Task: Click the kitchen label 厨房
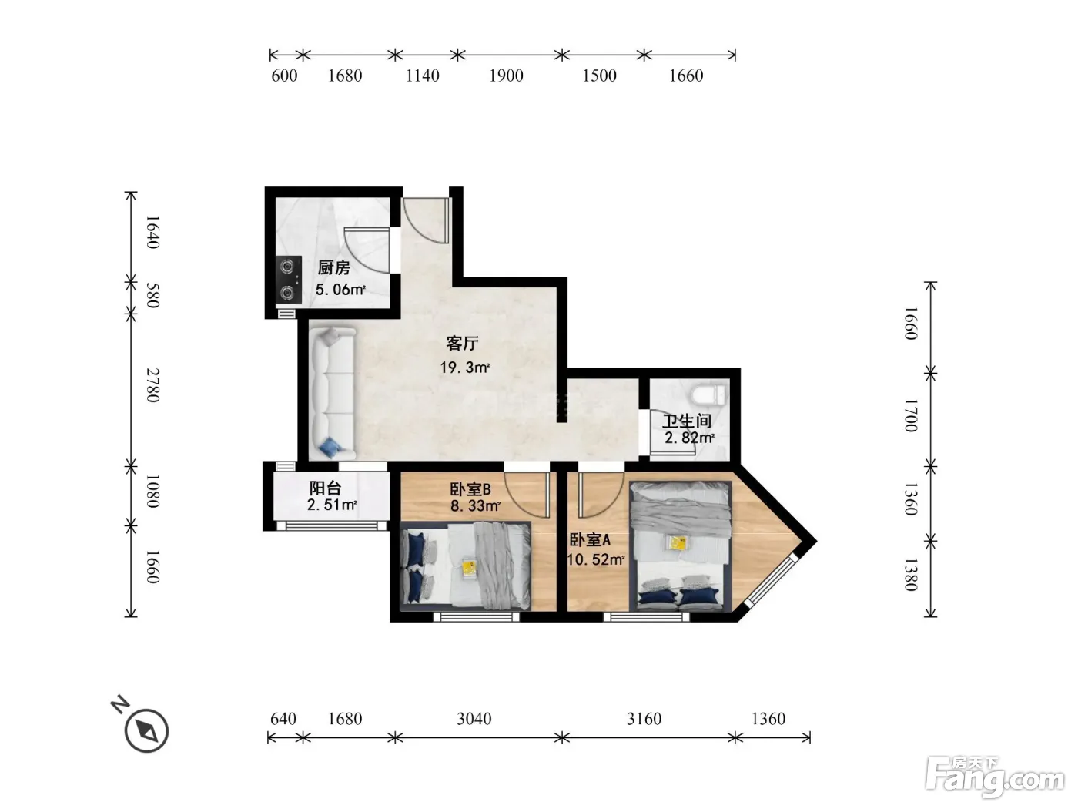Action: click(333, 267)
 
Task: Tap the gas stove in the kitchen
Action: click(288, 280)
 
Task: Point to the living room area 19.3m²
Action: click(464, 367)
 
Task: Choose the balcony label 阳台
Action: click(325, 488)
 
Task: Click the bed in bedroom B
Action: click(466, 566)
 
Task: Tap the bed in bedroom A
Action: click(681, 546)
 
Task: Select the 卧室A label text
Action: click(590, 540)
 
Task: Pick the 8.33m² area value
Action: click(475, 505)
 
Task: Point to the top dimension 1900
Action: click(506, 76)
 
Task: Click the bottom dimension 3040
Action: click(474, 719)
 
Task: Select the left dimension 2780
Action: click(153, 385)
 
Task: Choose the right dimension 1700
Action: click(911, 415)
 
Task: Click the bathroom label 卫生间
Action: click(687, 421)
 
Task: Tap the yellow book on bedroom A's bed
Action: click(678, 542)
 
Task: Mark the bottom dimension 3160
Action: click(644, 719)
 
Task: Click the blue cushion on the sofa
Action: click(329, 446)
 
